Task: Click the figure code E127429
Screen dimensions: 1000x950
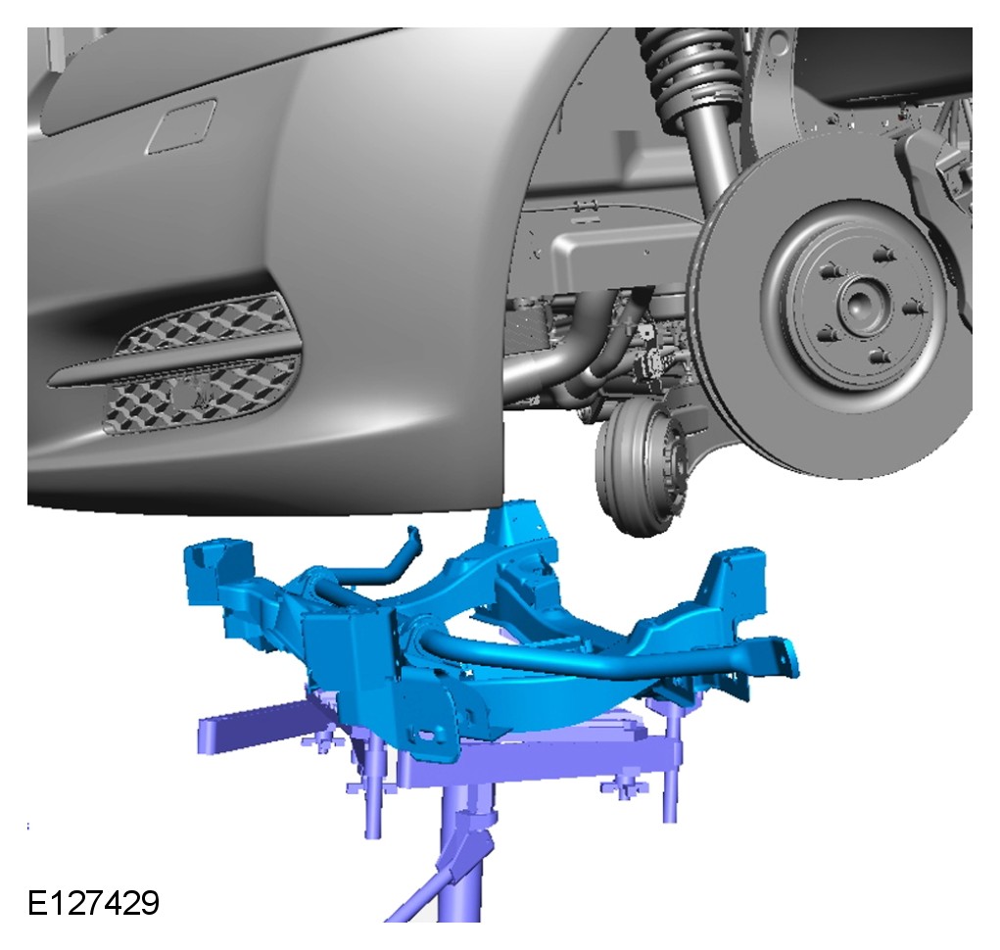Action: click(x=93, y=903)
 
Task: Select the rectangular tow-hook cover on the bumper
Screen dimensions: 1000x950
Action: click(x=182, y=127)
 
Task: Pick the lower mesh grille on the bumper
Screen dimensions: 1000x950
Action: click(x=201, y=396)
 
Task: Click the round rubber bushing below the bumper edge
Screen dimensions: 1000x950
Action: click(x=638, y=465)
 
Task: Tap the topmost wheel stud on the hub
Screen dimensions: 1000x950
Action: click(x=883, y=255)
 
